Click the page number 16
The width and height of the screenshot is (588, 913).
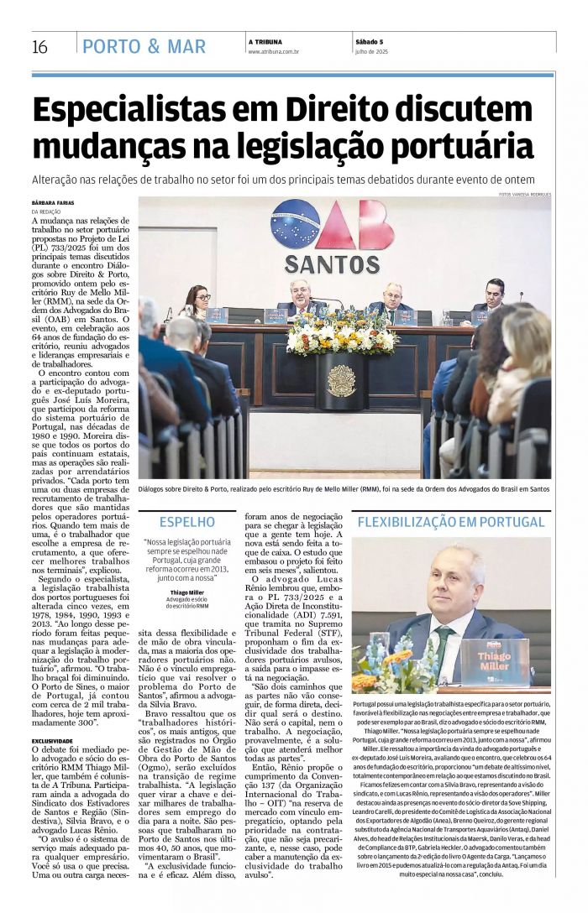[39, 47]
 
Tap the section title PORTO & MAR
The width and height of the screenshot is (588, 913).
[144, 47]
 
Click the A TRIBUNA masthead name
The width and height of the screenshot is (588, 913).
[265, 42]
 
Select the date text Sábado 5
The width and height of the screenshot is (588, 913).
[369, 42]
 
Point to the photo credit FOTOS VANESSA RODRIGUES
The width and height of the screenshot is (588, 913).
[524, 195]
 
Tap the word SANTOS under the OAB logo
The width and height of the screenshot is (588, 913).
[332, 264]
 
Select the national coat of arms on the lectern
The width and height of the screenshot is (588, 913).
[340, 380]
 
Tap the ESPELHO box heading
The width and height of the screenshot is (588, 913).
[186, 521]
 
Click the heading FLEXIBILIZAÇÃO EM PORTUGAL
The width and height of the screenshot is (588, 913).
[450, 521]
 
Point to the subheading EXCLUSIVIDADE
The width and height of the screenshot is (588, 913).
[53, 741]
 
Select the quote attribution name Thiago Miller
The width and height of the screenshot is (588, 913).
[186, 592]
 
